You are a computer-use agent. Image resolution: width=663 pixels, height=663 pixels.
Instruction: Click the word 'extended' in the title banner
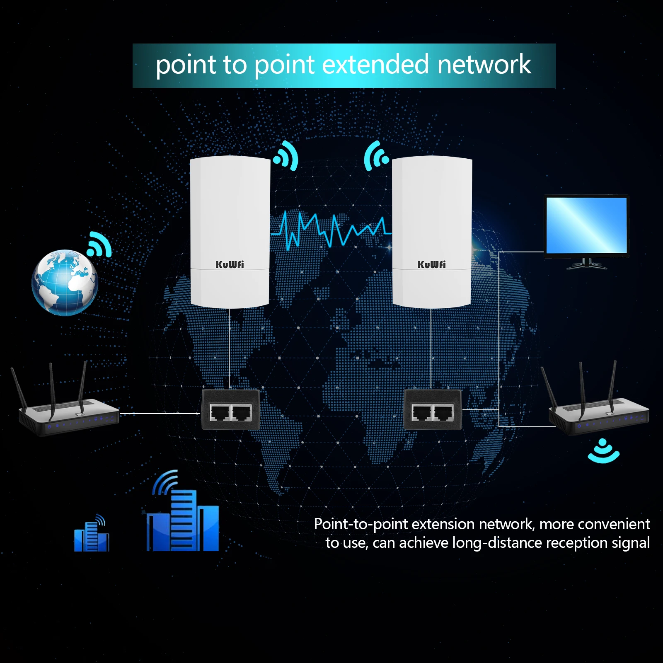pos(375,65)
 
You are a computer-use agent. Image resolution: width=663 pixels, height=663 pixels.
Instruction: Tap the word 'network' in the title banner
pos(484,65)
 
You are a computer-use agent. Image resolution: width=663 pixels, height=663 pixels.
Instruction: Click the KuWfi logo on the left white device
pos(230,264)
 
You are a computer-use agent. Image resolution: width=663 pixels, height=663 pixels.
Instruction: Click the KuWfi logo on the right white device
pos(431,264)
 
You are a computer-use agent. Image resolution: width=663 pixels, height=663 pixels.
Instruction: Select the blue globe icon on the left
pos(65,283)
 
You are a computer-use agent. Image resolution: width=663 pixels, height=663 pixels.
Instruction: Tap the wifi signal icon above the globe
pos(99,244)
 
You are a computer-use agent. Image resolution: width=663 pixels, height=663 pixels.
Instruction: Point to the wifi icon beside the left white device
pos(286,156)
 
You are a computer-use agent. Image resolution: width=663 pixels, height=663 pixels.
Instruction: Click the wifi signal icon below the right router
pos(603,452)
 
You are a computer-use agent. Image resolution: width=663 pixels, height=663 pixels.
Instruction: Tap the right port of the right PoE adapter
pos(443,413)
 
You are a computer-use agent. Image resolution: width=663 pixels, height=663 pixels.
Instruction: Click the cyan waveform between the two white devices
pos(331,230)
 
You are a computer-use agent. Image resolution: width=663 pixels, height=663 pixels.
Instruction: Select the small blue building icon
pos(92,535)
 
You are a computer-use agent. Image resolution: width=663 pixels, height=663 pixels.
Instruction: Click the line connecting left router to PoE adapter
pos(160,413)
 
